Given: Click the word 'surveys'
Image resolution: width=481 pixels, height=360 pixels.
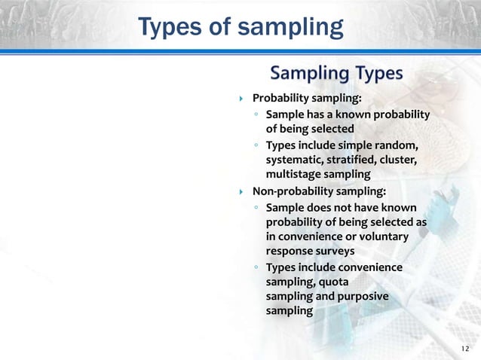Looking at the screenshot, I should point(334,252).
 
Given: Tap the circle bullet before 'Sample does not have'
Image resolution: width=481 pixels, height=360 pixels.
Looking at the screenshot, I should point(257,207).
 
